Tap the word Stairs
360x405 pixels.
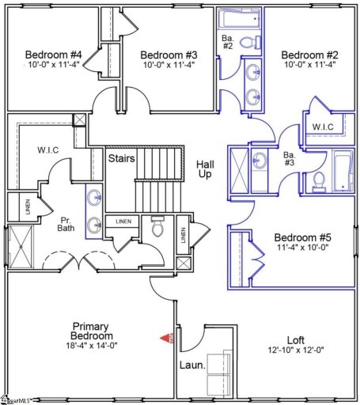122,158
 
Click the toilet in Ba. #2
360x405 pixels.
246,42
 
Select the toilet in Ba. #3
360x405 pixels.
319,181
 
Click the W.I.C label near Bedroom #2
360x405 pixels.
323,127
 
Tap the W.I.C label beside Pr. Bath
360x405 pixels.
39,148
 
